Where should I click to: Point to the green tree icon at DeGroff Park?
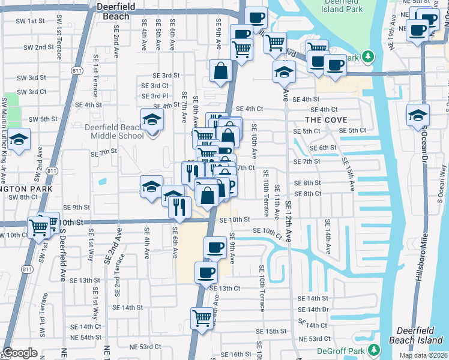click(374, 349)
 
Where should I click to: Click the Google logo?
click(20, 353)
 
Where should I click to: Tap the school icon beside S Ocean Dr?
click(418, 115)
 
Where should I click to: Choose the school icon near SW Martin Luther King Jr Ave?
click(20, 140)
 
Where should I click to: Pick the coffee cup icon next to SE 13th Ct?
click(206, 272)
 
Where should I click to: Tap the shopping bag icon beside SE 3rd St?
click(221, 71)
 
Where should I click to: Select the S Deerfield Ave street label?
click(62, 258)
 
